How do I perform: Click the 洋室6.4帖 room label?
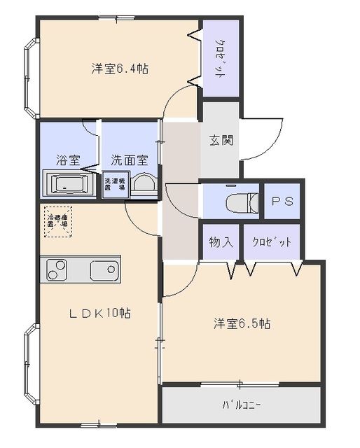point(119,69)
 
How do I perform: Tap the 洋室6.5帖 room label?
point(242,324)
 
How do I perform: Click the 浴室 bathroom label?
point(66,159)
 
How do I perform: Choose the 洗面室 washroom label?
point(129,159)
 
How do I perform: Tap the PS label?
point(282,201)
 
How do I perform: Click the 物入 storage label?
point(221,242)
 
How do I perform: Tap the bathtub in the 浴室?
point(69,185)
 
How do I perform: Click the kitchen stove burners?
point(56,269)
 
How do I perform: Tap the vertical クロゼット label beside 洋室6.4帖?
point(219,59)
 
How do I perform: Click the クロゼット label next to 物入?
point(271,242)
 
